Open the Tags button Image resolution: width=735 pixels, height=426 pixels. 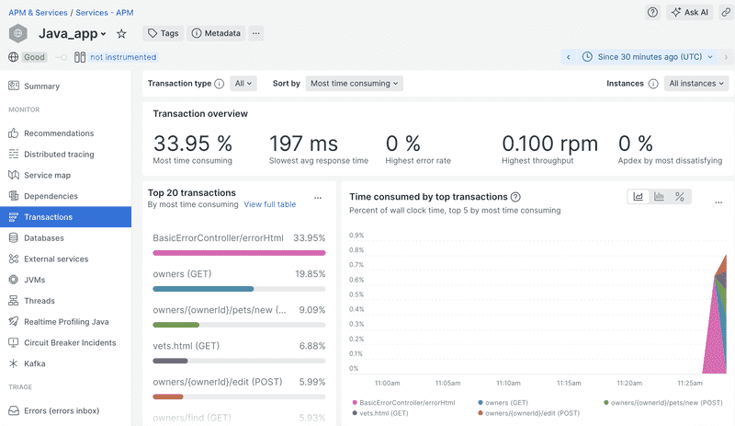click(x=163, y=33)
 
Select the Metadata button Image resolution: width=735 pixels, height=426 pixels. click(x=216, y=33)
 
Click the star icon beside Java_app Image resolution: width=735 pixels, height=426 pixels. click(x=121, y=33)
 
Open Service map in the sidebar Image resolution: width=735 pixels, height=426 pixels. click(x=47, y=175)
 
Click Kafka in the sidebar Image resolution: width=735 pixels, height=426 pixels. click(x=34, y=363)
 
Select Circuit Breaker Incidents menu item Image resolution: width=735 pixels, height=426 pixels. click(x=70, y=342)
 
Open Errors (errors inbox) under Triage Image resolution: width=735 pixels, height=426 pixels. click(x=61, y=410)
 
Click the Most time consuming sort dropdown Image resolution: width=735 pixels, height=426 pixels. click(x=355, y=83)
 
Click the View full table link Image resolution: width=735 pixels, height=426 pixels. click(x=269, y=204)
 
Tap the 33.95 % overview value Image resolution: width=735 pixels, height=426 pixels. click(x=193, y=144)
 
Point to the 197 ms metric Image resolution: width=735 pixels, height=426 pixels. click(x=303, y=144)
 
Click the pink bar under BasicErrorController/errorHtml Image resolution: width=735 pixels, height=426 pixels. click(x=239, y=252)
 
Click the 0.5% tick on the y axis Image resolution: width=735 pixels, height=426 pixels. click(x=356, y=294)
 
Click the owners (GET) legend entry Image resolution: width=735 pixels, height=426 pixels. click(x=505, y=403)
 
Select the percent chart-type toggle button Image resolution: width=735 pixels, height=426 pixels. click(x=680, y=197)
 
